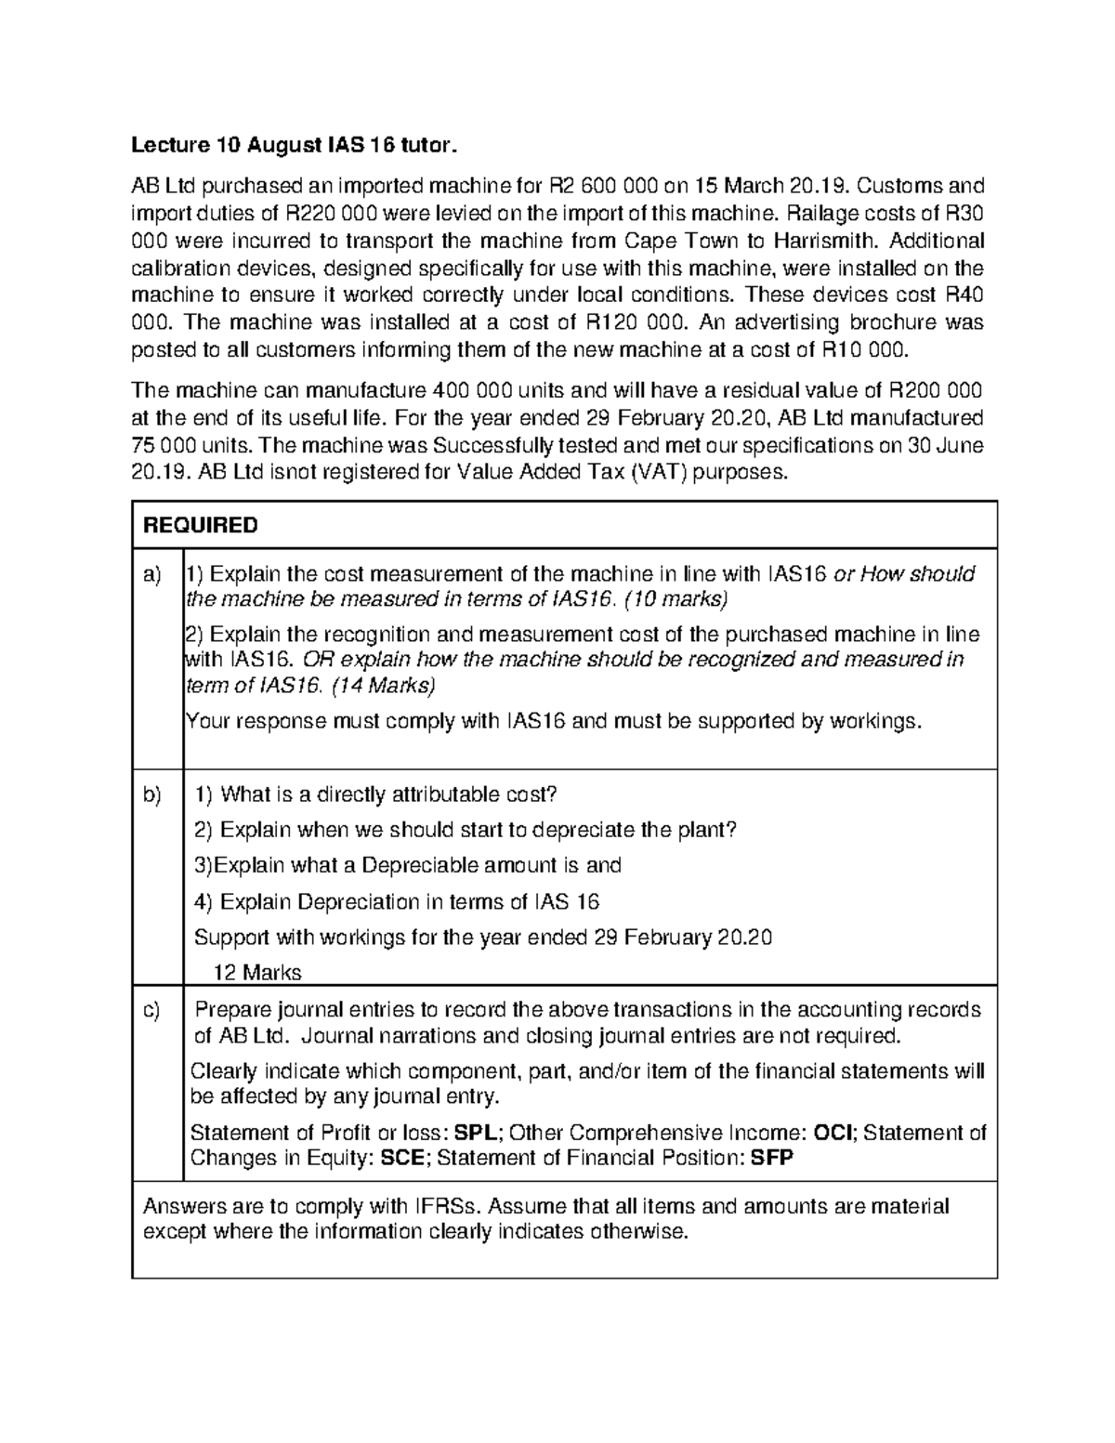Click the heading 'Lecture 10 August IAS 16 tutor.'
tap(294, 145)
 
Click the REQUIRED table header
tap(200, 526)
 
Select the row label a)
tap(151, 574)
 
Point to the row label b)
tap(151, 795)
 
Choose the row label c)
tap(151, 1010)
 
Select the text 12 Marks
tap(257, 973)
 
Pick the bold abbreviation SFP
tap(772, 1159)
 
